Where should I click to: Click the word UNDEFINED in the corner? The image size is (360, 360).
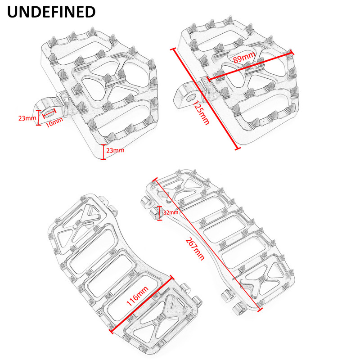[51, 12]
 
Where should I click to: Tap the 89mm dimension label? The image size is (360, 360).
[244, 57]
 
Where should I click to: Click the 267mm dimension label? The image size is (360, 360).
[195, 249]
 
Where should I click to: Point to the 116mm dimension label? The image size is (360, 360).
[137, 296]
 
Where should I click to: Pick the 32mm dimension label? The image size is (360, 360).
[171, 212]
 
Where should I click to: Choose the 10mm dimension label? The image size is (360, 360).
[54, 122]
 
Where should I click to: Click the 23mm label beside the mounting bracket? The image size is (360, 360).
[27, 118]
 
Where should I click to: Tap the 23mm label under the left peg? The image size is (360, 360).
[115, 150]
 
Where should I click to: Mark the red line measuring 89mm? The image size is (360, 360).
[250, 66]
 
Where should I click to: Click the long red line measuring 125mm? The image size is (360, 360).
[205, 99]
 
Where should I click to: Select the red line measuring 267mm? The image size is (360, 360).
[207, 244]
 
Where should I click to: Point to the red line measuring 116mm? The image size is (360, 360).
[142, 305]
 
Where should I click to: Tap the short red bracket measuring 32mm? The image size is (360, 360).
[160, 213]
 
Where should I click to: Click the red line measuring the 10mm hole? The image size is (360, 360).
[49, 113]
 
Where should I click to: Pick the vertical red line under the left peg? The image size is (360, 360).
[103, 152]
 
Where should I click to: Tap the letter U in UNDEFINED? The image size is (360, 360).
[13, 12]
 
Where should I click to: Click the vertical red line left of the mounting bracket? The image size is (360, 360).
[39, 117]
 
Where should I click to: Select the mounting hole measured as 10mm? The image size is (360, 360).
[49, 113]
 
